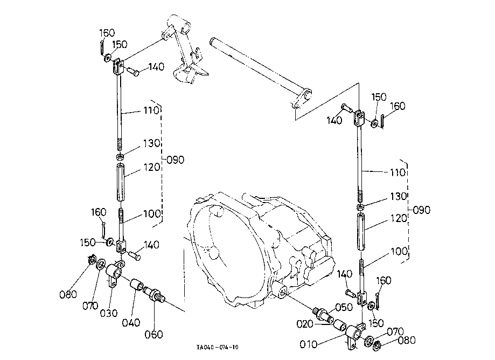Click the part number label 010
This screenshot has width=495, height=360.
pyautogui.click(x=308, y=344)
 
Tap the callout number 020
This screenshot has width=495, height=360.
pyautogui.click(x=305, y=324)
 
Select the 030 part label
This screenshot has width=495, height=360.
pyautogui.click(x=109, y=313)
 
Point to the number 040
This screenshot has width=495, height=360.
pyautogui.click(x=131, y=323)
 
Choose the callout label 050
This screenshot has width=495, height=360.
pyautogui.click(x=344, y=307)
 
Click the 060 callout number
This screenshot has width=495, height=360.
pyautogui.click(x=154, y=335)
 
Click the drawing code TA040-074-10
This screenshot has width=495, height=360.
pyautogui.click(x=218, y=348)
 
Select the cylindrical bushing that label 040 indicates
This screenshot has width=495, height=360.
pyautogui.click(x=137, y=284)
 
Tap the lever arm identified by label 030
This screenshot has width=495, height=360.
pyautogui.click(x=115, y=272)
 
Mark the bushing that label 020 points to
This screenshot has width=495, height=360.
pyautogui.click(x=340, y=324)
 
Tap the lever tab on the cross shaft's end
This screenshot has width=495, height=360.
pyautogui.click(x=302, y=99)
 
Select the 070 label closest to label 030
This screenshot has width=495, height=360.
pyautogui.click(x=90, y=306)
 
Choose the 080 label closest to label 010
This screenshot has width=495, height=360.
pyautogui.click(x=407, y=341)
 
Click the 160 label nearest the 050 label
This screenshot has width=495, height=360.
pyautogui.click(x=384, y=280)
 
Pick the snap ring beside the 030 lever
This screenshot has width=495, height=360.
pyautogui.click(x=92, y=260)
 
